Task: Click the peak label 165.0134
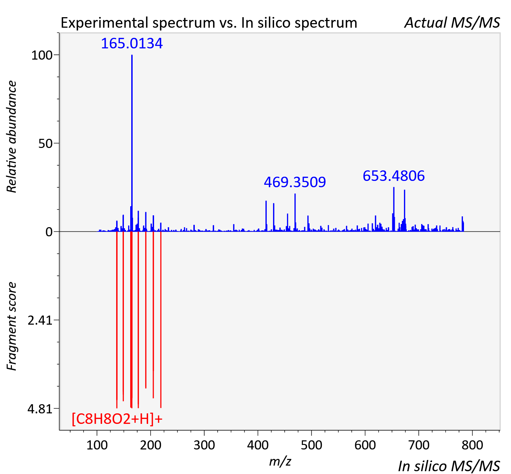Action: [132, 43]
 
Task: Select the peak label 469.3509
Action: [295, 182]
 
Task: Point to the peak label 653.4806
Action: [394, 176]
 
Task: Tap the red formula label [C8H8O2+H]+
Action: [117, 419]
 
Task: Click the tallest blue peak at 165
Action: [132, 143]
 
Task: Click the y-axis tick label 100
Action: [42, 55]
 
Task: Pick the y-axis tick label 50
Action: [45, 144]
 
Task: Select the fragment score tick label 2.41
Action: [40, 320]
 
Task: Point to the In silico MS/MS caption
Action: [449, 466]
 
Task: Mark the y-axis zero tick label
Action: [49, 232]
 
